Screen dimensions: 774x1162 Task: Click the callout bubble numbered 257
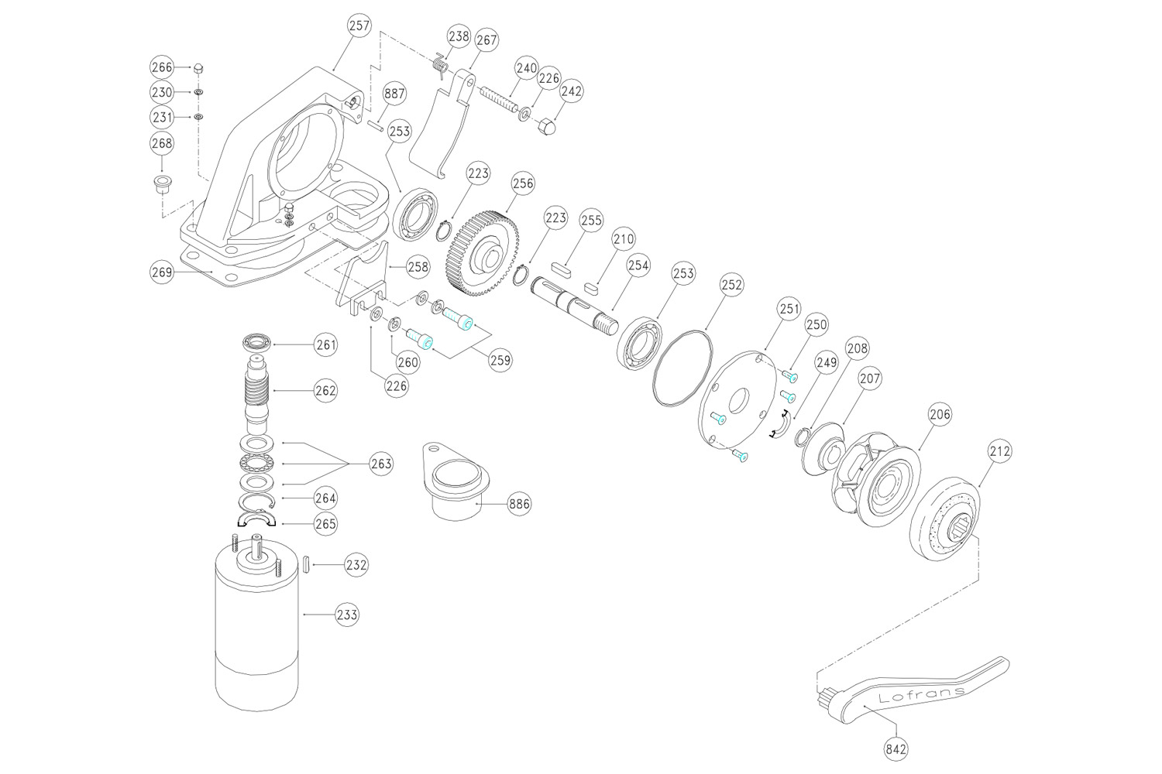point(359,26)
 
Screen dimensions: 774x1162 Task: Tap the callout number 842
point(896,748)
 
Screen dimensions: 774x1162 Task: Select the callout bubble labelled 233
point(347,615)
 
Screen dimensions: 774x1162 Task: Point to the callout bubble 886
point(519,504)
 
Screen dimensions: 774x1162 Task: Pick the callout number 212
point(999,450)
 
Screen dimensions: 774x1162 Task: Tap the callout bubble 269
point(161,272)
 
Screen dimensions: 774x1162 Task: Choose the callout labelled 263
point(381,464)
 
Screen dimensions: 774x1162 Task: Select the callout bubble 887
point(394,94)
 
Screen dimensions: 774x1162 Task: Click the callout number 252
point(731,285)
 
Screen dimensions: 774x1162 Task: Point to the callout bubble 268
point(162,143)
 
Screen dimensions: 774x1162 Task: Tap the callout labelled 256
point(523,183)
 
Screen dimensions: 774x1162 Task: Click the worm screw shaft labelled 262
point(256,391)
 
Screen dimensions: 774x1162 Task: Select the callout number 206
point(940,414)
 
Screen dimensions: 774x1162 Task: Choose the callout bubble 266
point(162,67)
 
